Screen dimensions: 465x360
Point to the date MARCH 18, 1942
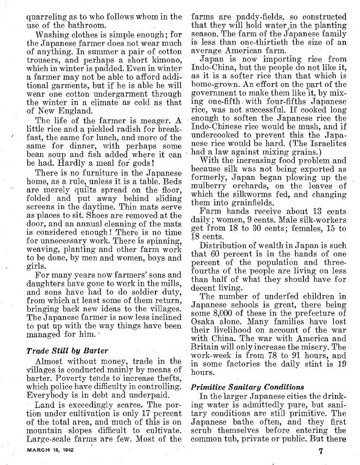(x=53, y=450)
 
